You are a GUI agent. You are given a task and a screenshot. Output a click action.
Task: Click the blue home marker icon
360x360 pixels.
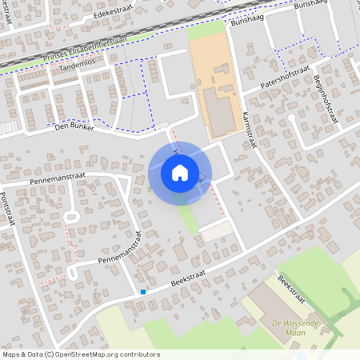pyautogui.click(x=180, y=172)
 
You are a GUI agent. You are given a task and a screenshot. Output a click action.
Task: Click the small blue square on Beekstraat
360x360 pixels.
pyautogui.click(x=143, y=292)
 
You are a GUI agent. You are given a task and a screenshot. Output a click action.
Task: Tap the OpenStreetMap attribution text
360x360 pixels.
pyautogui.click(x=81, y=354)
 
